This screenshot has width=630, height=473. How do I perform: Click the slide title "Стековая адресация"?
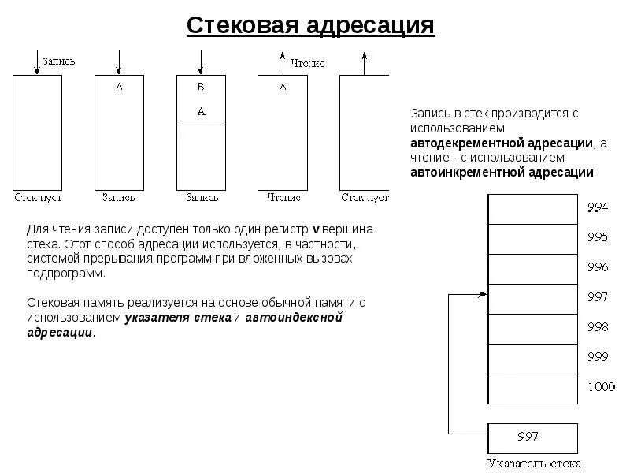click(310, 24)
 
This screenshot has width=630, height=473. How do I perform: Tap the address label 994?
click(598, 208)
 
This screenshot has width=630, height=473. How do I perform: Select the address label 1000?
click(600, 386)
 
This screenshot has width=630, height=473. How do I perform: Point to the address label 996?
click(598, 266)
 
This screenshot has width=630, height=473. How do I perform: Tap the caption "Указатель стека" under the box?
click(534, 464)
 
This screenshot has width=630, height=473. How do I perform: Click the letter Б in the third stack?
click(201, 88)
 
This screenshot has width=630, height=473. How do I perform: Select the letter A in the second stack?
click(120, 88)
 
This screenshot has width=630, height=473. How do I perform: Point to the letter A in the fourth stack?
click(283, 88)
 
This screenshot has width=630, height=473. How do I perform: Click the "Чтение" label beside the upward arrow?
click(307, 62)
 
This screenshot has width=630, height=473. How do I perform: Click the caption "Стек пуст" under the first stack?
click(38, 196)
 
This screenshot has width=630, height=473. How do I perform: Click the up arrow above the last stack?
click(365, 63)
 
